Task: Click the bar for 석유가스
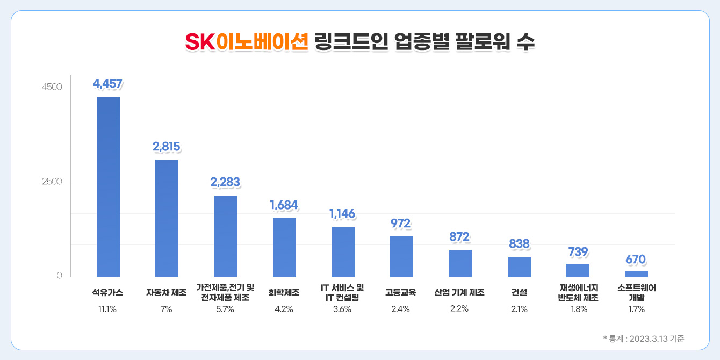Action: coord(108,186)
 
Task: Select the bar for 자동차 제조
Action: coord(167,218)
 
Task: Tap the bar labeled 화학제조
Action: coord(284,247)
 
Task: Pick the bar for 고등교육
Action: coord(401,256)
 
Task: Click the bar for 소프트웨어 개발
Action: coord(636,273)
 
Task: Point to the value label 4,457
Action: coord(107,84)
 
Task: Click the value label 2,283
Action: coord(225,183)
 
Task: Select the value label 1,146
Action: coord(342,214)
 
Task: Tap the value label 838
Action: coord(519,244)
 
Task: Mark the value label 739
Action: coord(578,251)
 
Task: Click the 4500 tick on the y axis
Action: coord(52,87)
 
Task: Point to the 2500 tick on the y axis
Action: coord(52,181)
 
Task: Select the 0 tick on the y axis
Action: coord(59,276)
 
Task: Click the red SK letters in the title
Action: coord(199,42)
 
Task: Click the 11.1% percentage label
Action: coord(108,309)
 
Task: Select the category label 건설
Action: coord(519,293)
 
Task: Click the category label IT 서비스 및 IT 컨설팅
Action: coord(342,292)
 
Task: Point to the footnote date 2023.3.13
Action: coord(647,339)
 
